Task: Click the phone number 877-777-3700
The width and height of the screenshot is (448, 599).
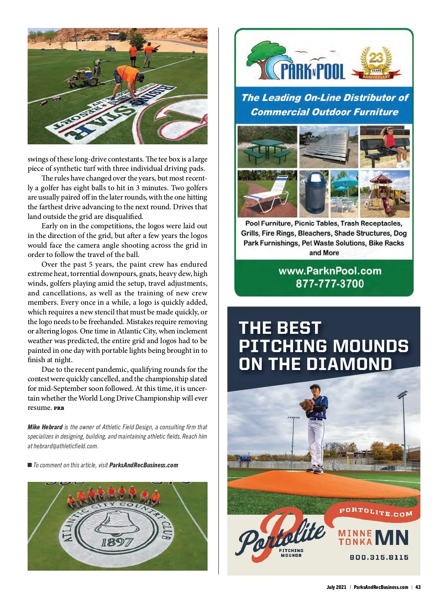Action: [x=330, y=284]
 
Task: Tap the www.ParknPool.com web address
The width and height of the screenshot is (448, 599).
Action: [x=330, y=271]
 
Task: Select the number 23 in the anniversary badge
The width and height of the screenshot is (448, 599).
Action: [x=376, y=58]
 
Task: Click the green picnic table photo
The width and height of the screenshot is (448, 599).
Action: [x=267, y=147]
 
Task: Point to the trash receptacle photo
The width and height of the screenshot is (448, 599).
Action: [x=314, y=193]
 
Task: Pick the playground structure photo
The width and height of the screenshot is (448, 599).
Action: [x=385, y=193]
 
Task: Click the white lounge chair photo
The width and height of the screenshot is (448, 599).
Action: [x=267, y=194]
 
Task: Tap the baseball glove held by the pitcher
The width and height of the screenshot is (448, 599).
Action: [x=307, y=404]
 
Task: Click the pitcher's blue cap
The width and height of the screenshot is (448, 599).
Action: [x=315, y=387]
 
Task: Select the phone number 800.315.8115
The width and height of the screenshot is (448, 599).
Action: [x=379, y=557]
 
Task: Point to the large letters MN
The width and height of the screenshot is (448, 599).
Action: [x=392, y=537]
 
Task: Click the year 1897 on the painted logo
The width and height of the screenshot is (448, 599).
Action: [x=117, y=542]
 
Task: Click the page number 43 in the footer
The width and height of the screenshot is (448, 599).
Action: [x=418, y=587]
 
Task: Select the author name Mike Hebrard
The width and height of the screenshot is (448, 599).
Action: [x=45, y=427]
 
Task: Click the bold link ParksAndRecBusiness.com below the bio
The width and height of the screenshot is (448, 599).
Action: [x=143, y=465]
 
